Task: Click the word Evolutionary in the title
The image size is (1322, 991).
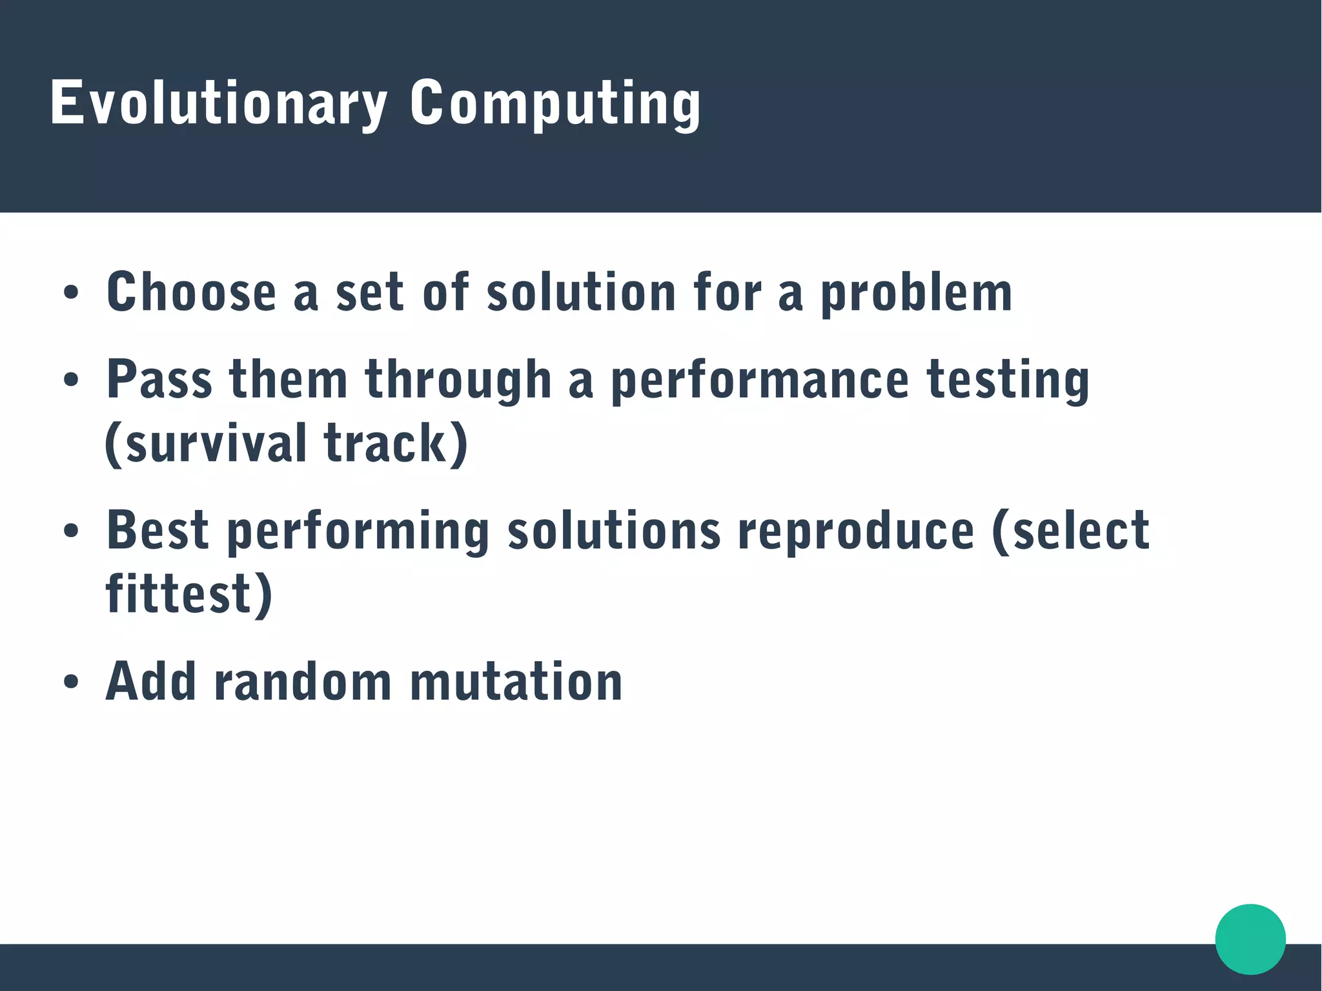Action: [218, 103]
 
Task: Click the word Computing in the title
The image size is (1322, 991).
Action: [555, 103]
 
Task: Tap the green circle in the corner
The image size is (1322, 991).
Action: [1250, 939]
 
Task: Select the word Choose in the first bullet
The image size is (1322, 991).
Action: [192, 292]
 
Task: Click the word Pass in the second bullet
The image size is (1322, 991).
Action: [159, 380]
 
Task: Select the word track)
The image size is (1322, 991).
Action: [396, 444]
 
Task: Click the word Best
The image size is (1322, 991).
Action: [158, 531]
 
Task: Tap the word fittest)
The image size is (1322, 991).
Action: [188, 594]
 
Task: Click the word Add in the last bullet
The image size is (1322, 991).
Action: [150, 682]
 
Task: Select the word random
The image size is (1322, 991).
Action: [303, 682]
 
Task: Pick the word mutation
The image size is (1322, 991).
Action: [516, 682]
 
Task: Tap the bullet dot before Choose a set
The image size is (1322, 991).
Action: [71, 293]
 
